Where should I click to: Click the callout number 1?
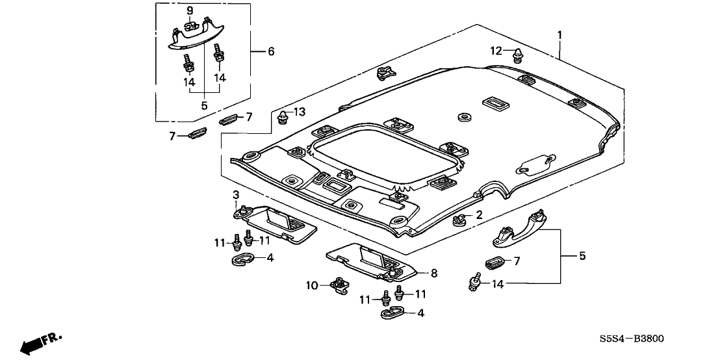560,34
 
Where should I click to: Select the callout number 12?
496,51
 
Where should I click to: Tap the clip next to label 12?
518,54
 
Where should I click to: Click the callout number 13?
299,112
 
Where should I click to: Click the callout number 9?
190,10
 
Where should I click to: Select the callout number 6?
270,51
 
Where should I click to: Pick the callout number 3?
236,195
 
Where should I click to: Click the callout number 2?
479,215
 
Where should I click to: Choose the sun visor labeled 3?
276,221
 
